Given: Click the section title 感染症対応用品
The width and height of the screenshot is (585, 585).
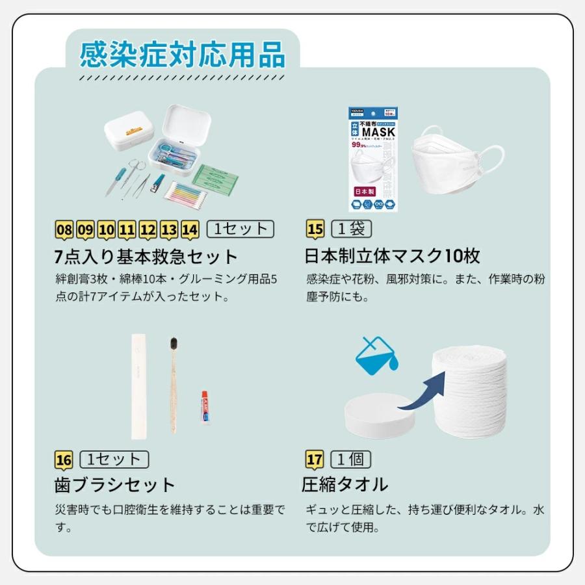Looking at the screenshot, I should pyautogui.click(x=183, y=55).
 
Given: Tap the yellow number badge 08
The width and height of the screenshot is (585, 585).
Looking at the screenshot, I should pyautogui.click(x=64, y=229).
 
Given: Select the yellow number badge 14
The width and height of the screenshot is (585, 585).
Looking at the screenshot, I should pyautogui.click(x=190, y=229).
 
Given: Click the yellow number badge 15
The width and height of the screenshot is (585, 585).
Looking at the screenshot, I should pyautogui.click(x=315, y=229).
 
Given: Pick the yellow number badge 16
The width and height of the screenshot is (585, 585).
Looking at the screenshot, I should pyautogui.click(x=64, y=460).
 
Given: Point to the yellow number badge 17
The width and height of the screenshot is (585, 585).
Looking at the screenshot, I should pyautogui.click(x=315, y=460).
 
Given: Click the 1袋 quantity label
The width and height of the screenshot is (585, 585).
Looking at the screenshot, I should pyautogui.click(x=351, y=229).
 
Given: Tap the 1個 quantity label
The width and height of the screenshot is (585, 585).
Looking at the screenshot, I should pyautogui.click(x=351, y=460).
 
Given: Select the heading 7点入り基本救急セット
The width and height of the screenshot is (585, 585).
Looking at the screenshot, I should pyautogui.click(x=146, y=255).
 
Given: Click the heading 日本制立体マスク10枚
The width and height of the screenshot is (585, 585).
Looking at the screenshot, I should pyautogui.click(x=392, y=255).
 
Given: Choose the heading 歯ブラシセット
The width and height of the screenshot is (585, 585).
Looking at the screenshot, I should pyautogui.click(x=115, y=485).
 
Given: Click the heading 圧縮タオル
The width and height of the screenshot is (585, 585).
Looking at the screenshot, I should pyautogui.click(x=344, y=485).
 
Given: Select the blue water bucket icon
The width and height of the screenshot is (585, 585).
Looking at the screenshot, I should pyautogui.click(x=375, y=355).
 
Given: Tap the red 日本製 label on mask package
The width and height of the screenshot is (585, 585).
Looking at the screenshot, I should pyautogui.click(x=363, y=192).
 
